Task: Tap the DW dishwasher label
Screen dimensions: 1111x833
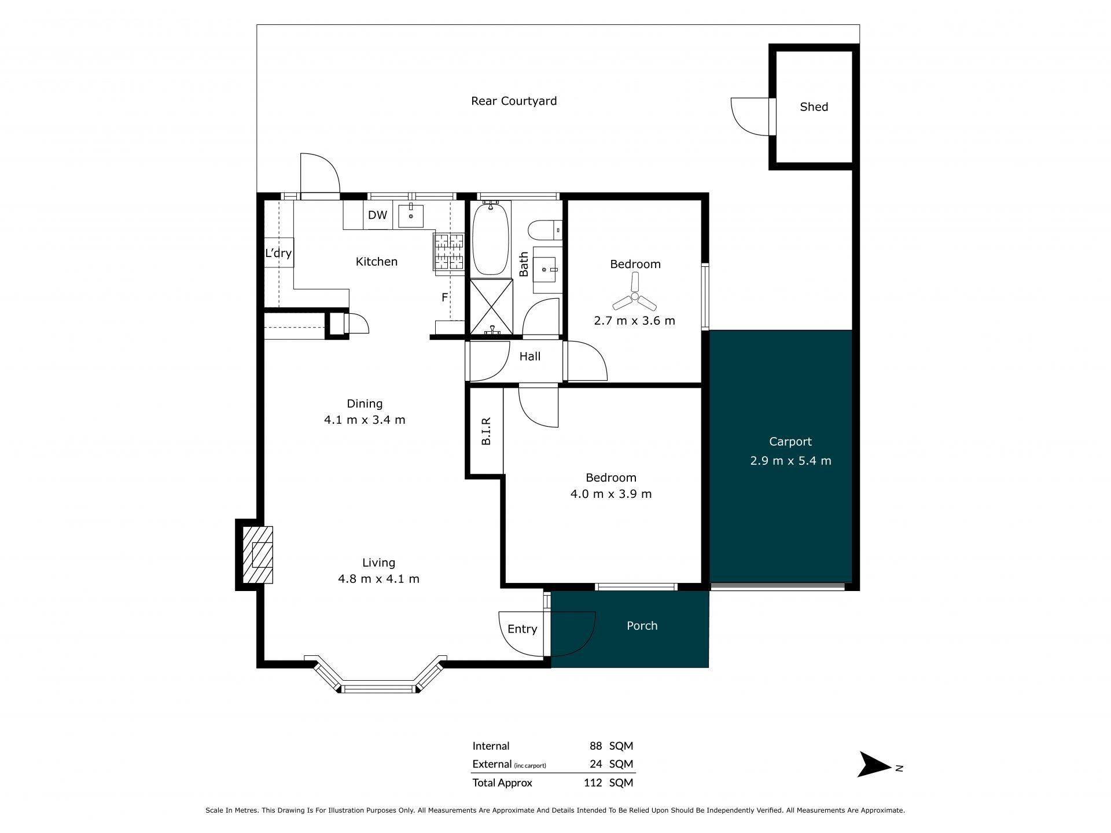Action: [x=377, y=215]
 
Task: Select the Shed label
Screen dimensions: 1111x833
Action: [x=814, y=107]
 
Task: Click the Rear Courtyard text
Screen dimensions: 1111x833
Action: [x=514, y=101]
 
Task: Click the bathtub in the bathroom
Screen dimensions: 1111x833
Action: [x=490, y=238]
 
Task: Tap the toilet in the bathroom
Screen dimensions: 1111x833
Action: [x=546, y=230]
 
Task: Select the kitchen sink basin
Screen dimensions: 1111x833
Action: [x=410, y=216]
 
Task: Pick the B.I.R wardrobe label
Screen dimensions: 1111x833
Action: [x=486, y=431]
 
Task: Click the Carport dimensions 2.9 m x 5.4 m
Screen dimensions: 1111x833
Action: [x=790, y=461]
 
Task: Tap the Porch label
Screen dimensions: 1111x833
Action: [x=642, y=626]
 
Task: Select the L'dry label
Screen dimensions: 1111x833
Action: [x=278, y=253]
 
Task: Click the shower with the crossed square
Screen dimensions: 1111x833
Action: [x=491, y=307]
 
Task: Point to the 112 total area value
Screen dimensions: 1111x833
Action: [x=593, y=783]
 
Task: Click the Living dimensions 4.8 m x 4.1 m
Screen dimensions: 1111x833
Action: [x=378, y=578]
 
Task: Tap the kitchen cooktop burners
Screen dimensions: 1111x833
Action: [x=450, y=251]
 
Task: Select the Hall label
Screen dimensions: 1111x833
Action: [x=529, y=357]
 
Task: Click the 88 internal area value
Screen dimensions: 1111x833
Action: [x=595, y=746]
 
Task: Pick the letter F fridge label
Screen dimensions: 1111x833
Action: [x=444, y=298]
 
